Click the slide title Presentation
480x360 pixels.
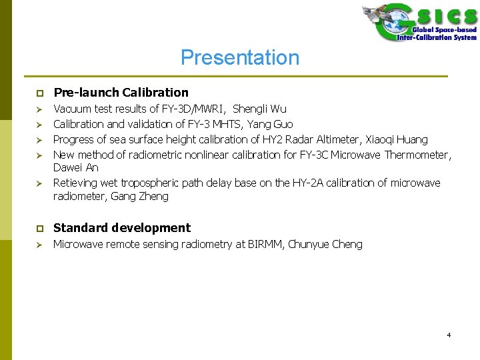coord(240,58)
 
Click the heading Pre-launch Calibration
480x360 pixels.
coord(121,93)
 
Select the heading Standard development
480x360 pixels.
coord(121,228)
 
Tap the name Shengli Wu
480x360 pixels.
coord(259,109)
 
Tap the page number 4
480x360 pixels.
coord(449,335)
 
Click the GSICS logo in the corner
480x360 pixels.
coord(419,23)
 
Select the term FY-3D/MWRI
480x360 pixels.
coord(194,109)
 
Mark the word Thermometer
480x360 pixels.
coord(417,155)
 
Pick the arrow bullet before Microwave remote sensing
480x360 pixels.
coord(40,245)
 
